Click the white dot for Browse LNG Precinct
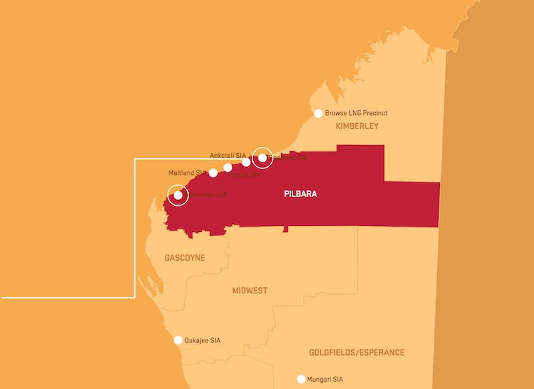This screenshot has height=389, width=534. [x=318, y=114]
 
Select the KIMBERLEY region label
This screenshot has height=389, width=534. [x=357, y=126]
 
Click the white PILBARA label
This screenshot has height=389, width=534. [x=298, y=194]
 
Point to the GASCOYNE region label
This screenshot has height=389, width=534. [x=184, y=257]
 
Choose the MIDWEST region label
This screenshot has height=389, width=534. [x=250, y=291]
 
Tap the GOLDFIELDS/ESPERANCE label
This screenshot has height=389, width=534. [x=356, y=352]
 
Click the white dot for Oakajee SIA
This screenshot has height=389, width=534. [x=178, y=340]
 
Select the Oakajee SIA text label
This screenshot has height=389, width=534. [x=202, y=340]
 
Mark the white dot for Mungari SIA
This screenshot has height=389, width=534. [x=301, y=379]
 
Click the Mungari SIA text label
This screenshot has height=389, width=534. [x=325, y=379]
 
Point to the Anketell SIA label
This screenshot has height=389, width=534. [x=228, y=155]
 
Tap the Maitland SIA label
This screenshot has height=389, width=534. [x=186, y=173]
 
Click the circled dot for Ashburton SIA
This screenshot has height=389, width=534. [x=178, y=196]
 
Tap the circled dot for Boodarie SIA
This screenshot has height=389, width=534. [x=263, y=158]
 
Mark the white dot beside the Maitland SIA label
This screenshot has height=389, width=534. [x=213, y=173]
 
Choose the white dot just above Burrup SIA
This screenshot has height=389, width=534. [x=228, y=167]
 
